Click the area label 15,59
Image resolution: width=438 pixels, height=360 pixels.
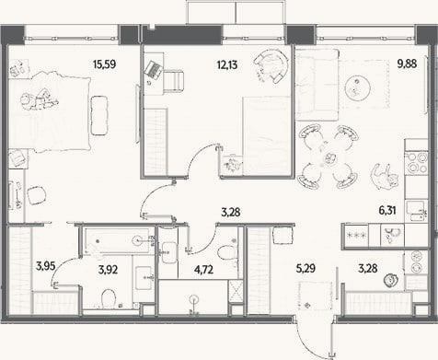(104, 64)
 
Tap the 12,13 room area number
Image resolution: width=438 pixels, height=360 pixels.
(227, 64)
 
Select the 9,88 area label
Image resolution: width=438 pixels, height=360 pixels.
(407, 64)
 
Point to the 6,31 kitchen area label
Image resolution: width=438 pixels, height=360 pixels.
(387, 211)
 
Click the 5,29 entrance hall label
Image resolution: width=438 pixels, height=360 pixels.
(305, 269)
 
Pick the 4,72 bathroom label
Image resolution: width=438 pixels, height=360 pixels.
(203, 270)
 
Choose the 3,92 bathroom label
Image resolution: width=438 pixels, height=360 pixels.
(108, 270)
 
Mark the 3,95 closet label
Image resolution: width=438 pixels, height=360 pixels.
(45, 266)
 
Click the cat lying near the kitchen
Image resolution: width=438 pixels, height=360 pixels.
(385, 178)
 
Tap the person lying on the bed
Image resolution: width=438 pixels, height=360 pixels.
(39, 99)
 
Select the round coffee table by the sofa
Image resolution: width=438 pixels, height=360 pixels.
(357, 87)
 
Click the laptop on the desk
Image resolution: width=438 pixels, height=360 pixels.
(153, 70)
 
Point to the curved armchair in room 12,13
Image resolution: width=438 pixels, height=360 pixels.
(271, 65)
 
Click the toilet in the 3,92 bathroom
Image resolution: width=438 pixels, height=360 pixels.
(108, 298)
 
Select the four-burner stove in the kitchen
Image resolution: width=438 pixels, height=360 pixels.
(416, 163)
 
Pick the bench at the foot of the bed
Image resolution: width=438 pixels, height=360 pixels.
(99, 115)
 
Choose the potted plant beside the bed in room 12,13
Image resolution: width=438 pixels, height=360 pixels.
(233, 165)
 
